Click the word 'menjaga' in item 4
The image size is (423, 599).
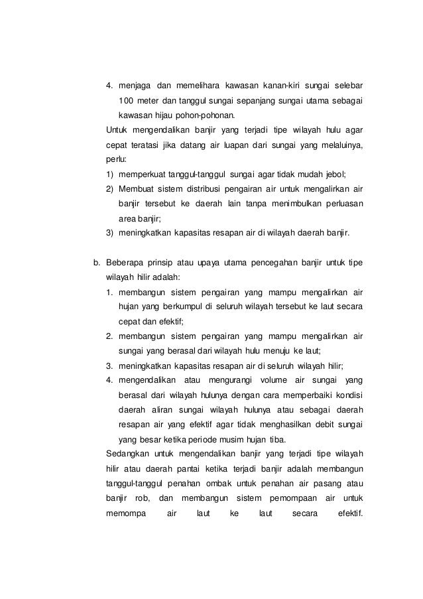click(135, 86)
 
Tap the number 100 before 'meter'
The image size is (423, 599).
click(126, 101)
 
